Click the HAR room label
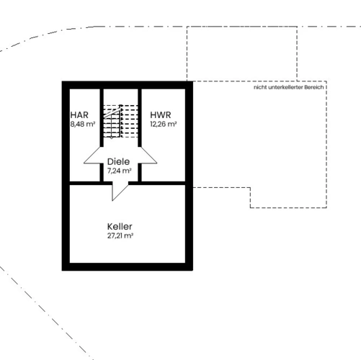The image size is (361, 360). [79, 115]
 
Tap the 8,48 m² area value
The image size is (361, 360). [83, 125]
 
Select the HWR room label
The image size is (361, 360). [161, 115]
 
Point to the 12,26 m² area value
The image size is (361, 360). [164, 125]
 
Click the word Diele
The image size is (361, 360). [118, 161]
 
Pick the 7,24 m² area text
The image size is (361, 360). [120, 171]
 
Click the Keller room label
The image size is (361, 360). [120, 227]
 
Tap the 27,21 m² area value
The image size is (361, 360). [120, 235]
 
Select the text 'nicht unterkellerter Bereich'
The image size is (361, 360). [289, 87]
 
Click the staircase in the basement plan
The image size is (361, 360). [120, 122]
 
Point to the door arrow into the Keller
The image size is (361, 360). [120, 192]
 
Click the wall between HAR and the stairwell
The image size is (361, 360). [102, 117]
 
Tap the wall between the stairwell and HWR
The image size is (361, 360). [140, 117]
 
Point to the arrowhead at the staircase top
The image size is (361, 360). [121, 107]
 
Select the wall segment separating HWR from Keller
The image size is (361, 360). [157, 183]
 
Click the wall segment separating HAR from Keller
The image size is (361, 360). [91, 183]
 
